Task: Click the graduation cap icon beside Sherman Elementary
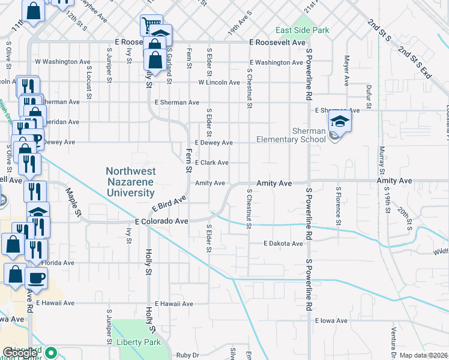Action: pyautogui.click(x=340, y=122)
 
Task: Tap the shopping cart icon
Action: pyautogui.click(x=148, y=25)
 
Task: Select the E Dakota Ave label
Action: pyautogui.click(x=283, y=244)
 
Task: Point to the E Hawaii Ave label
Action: pyautogui.click(x=174, y=304)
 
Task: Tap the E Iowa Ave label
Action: pyautogui.click(x=330, y=321)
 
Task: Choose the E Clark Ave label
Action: pyautogui.click(x=211, y=163)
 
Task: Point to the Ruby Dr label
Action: pyautogui.click(x=187, y=355)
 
